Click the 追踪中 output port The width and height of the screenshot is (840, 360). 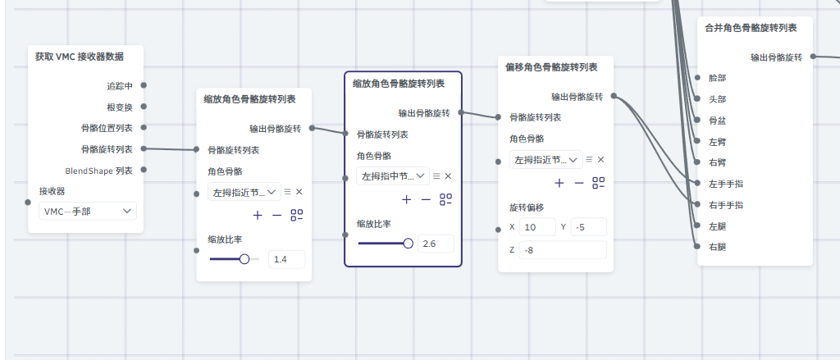(x=144, y=85)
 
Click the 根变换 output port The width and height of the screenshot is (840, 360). (x=144, y=107)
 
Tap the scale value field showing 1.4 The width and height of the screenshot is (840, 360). (x=286, y=259)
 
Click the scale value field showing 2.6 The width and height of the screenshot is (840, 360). (x=436, y=243)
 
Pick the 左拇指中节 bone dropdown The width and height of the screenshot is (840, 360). (x=394, y=175)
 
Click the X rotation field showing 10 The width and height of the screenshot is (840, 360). (x=537, y=227)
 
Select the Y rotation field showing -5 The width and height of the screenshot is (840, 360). (x=587, y=227)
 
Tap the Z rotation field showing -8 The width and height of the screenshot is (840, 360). (x=564, y=249)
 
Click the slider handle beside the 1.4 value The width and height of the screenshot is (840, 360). (x=244, y=259)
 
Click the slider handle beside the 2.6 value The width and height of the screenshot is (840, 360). (x=408, y=243)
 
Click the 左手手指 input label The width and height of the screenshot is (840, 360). (x=725, y=184)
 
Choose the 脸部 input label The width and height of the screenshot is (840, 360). (x=716, y=77)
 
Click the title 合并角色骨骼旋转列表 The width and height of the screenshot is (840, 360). (x=751, y=28)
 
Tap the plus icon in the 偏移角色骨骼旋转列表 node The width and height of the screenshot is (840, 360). (x=559, y=183)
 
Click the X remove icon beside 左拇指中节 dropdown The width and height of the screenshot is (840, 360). (x=448, y=175)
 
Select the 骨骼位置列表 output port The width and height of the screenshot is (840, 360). (x=144, y=128)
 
